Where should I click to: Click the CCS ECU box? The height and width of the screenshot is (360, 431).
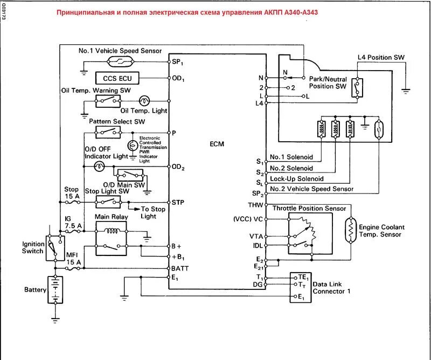(x=117, y=78)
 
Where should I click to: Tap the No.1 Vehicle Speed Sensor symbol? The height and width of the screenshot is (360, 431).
(x=120, y=61)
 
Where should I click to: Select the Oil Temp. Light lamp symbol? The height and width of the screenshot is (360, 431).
(x=144, y=101)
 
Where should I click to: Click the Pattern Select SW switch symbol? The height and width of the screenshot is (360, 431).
(x=108, y=133)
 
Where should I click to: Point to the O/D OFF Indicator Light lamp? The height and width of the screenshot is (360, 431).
(x=99, y=166)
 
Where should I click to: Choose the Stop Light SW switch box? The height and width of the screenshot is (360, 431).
(x=108, y=202)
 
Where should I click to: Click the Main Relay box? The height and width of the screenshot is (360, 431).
(x=111, y=238)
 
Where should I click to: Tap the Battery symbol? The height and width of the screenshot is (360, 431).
(x=55, y=290)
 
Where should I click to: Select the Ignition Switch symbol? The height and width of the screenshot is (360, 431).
(x=55, y=248)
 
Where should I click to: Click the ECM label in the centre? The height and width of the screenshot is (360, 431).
(x=217, y=144)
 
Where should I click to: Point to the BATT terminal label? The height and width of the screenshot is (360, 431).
(x=180, y=268)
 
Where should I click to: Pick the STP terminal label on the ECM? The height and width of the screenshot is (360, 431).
(x=178, y=203)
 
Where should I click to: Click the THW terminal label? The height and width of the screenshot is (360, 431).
(x=255, y=205)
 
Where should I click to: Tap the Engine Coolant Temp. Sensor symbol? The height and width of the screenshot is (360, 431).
(x=351, y=230)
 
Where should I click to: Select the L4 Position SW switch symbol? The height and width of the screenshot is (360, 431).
(x=357, y=88)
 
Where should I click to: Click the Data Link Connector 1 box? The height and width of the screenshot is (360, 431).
(x=301, y=287)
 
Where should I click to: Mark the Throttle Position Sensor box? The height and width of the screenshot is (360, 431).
(x=310, y=233)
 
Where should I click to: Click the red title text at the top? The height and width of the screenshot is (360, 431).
(x=187, y=12)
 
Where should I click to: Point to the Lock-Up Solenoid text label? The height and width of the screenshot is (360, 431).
(x=297, y=179)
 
